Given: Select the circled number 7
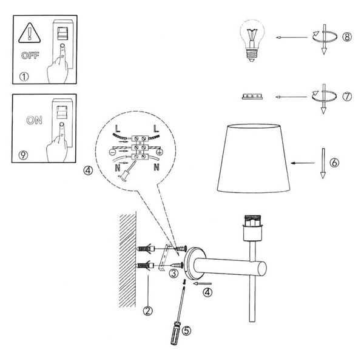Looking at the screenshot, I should tap(346, 96).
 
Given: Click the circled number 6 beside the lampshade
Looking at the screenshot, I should tap(335, 163).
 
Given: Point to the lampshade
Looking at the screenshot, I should tap(252, 159).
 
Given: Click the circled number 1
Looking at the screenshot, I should tap(24, 77).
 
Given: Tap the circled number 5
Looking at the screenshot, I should tap(186, 331).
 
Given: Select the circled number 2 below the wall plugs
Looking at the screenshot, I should tap(147, 311).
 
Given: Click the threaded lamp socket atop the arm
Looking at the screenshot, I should tap(252, 223).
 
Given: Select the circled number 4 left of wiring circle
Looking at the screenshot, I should tap(89, 170).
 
